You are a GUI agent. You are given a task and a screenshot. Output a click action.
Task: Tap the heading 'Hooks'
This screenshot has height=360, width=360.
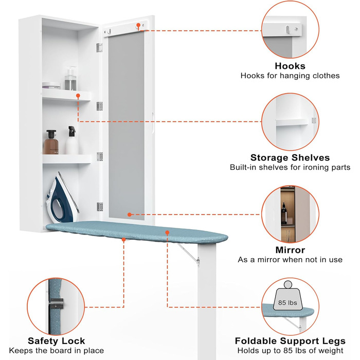pos(290,66)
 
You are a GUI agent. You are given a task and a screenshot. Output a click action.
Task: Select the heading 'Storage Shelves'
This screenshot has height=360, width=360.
pos(290,157)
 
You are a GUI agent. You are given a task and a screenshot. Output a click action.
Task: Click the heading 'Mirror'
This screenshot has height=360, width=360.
pos(290,250)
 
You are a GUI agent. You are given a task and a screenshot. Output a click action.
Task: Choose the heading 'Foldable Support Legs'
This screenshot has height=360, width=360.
pos(290,340)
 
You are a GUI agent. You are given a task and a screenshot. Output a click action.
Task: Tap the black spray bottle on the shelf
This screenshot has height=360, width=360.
pos(72,141)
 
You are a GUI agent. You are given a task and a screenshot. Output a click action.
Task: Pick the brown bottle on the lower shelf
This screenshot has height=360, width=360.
pos(50,142)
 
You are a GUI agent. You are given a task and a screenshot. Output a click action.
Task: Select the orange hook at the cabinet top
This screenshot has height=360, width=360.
pos(138,25)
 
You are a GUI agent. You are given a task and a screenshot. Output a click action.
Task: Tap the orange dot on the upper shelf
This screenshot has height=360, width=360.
pos(78,96)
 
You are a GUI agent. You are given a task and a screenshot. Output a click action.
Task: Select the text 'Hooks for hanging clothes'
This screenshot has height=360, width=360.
pos(290,76)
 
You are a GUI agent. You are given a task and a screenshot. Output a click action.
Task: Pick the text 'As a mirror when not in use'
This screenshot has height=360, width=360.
pos(290,260)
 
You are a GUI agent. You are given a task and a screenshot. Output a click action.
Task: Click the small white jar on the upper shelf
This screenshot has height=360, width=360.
pos(51,85)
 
